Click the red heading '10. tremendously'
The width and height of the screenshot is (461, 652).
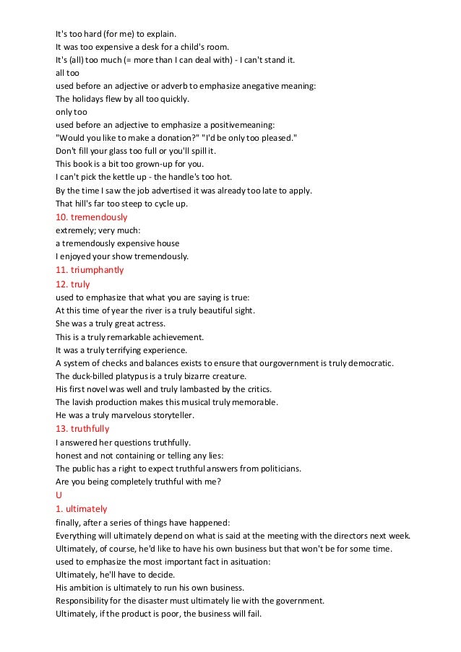pyautogui.click(x=92, y=217)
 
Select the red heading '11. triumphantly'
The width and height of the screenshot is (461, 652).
pyautogui.click(x=90, y=270)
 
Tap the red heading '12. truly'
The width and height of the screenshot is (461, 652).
pyautogui.click(x=72, y=284)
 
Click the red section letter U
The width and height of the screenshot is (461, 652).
pyautogui.click(x=59, y=495)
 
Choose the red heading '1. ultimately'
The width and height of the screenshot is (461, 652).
pyautogui.click(x=81, y=508)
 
